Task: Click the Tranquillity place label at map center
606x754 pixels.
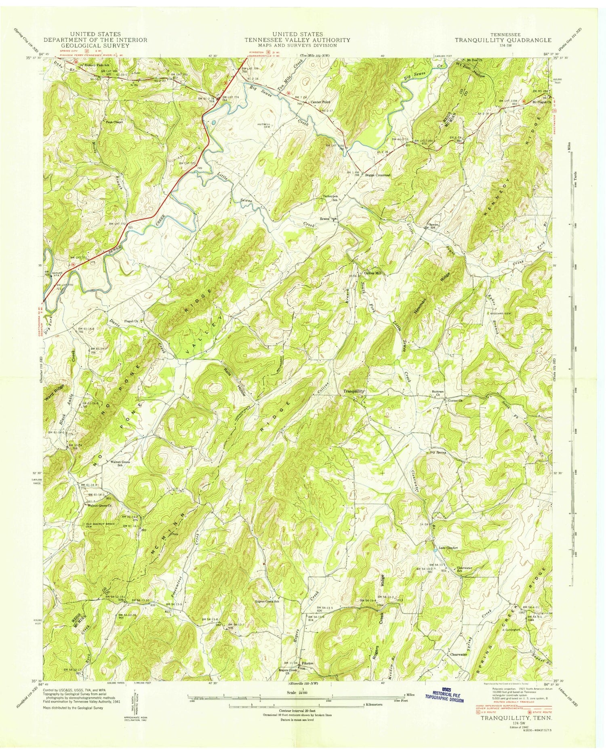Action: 354,391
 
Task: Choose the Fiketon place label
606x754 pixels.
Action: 307,663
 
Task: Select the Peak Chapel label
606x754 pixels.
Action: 114,121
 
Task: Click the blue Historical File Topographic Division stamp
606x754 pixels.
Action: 444,695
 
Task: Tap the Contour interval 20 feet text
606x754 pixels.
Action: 297,710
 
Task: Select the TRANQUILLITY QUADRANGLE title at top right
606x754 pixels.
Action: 503,40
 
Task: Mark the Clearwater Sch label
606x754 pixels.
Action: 464,570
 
